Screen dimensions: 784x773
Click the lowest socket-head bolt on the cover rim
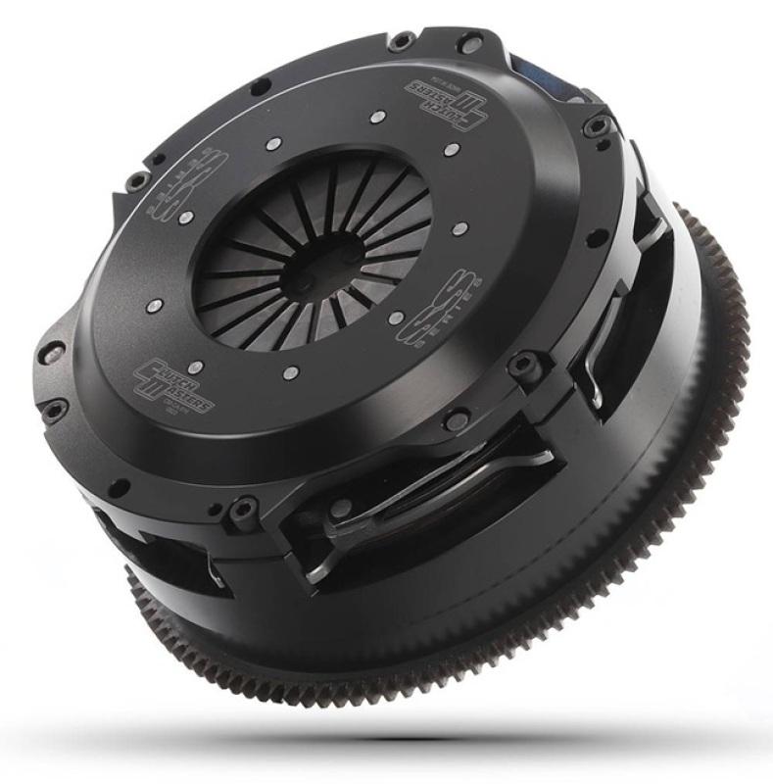pyautogui.click(x=241, y=510)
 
